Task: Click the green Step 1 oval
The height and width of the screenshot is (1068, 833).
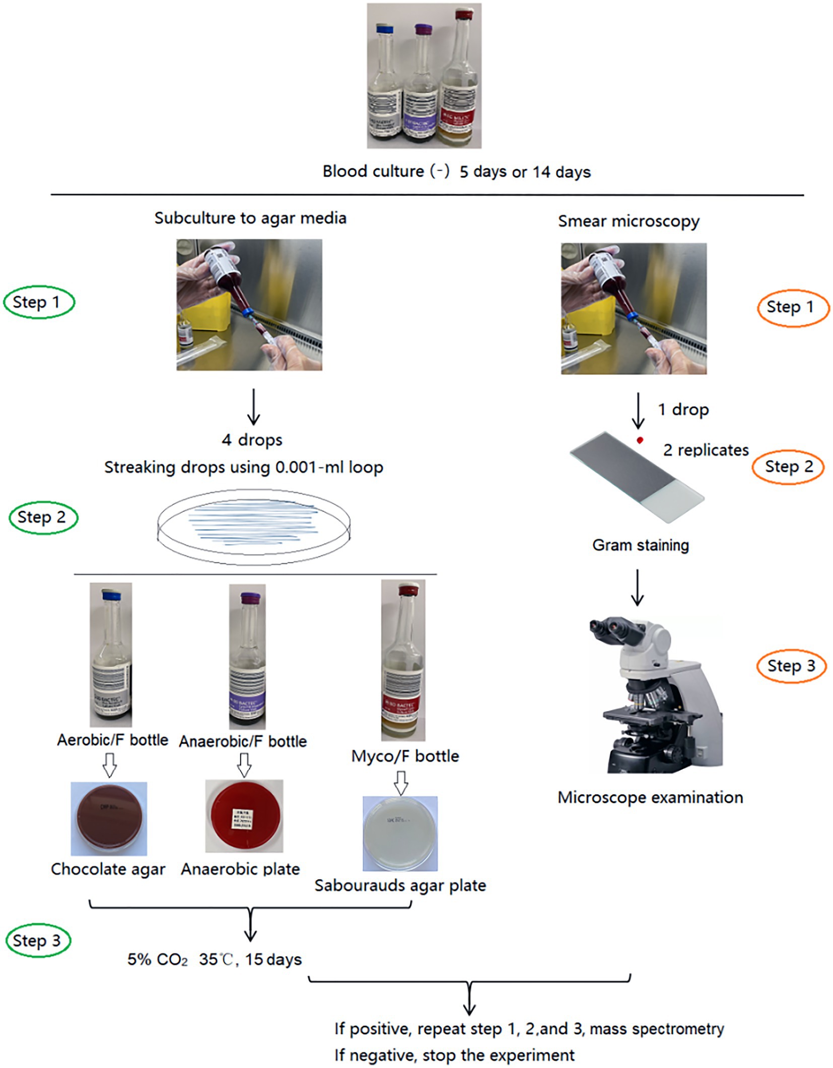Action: coord(39,302)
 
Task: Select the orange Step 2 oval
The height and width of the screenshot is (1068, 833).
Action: coord(788,467)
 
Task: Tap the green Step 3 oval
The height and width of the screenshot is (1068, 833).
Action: coord(38,940)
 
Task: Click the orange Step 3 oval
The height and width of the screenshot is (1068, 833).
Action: coord(791,666)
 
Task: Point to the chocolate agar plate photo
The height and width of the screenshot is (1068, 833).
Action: coord(109,818)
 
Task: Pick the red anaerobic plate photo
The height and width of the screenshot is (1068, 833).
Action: coord(244,816)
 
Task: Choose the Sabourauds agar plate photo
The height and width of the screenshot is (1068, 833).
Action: coord(400,834)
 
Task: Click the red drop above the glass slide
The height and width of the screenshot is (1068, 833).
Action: coord(640,440)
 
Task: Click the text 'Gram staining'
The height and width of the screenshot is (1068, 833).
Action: coord(640,545)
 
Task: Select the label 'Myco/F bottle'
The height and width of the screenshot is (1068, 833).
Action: coord(405,756)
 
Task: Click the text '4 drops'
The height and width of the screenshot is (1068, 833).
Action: coord(252,440)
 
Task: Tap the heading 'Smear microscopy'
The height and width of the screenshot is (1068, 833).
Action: coord(629,221)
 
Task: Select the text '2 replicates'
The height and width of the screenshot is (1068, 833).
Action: coord(706,450)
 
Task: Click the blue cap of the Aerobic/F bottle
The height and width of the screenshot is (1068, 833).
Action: coord(111,595)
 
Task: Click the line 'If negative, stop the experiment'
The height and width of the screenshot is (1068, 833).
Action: coord(454,1055)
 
